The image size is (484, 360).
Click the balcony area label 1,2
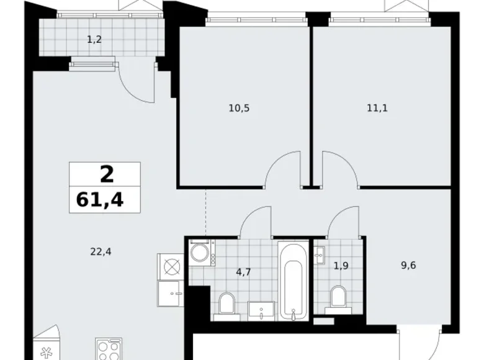point(94,40)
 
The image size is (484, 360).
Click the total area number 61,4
point(104,200)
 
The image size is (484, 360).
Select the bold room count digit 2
point(106,174)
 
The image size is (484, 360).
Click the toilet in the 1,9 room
point(338,296)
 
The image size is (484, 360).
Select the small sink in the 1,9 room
point(320,254)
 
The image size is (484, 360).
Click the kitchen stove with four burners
point(108,349)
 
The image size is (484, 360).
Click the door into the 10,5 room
point(282,170)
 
